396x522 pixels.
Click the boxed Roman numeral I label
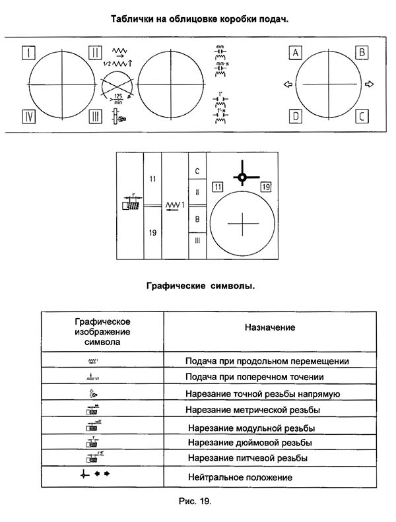28,51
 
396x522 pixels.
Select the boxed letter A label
296,52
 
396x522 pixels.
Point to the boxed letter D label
296,117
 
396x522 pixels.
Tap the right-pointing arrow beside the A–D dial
369,84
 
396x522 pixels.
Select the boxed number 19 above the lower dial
265,187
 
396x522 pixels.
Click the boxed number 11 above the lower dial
218,187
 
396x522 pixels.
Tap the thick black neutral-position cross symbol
242,176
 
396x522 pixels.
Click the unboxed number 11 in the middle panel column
152,179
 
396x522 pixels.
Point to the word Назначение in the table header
270,327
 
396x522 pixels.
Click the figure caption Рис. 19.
196,502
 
